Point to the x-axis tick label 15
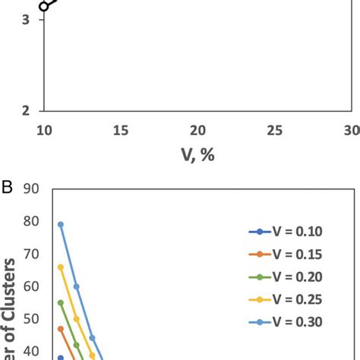[121, 130]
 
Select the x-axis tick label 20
[197, 130]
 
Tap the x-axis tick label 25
[274, 130]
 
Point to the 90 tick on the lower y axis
[31, 190]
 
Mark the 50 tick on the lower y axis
[31, 319]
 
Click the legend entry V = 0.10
[286, 232]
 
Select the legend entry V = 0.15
[286, 254]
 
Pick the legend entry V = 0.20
[286, 276]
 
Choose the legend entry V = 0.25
[286, 299]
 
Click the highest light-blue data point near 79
[61, 225]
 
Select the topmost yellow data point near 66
[61, 267]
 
